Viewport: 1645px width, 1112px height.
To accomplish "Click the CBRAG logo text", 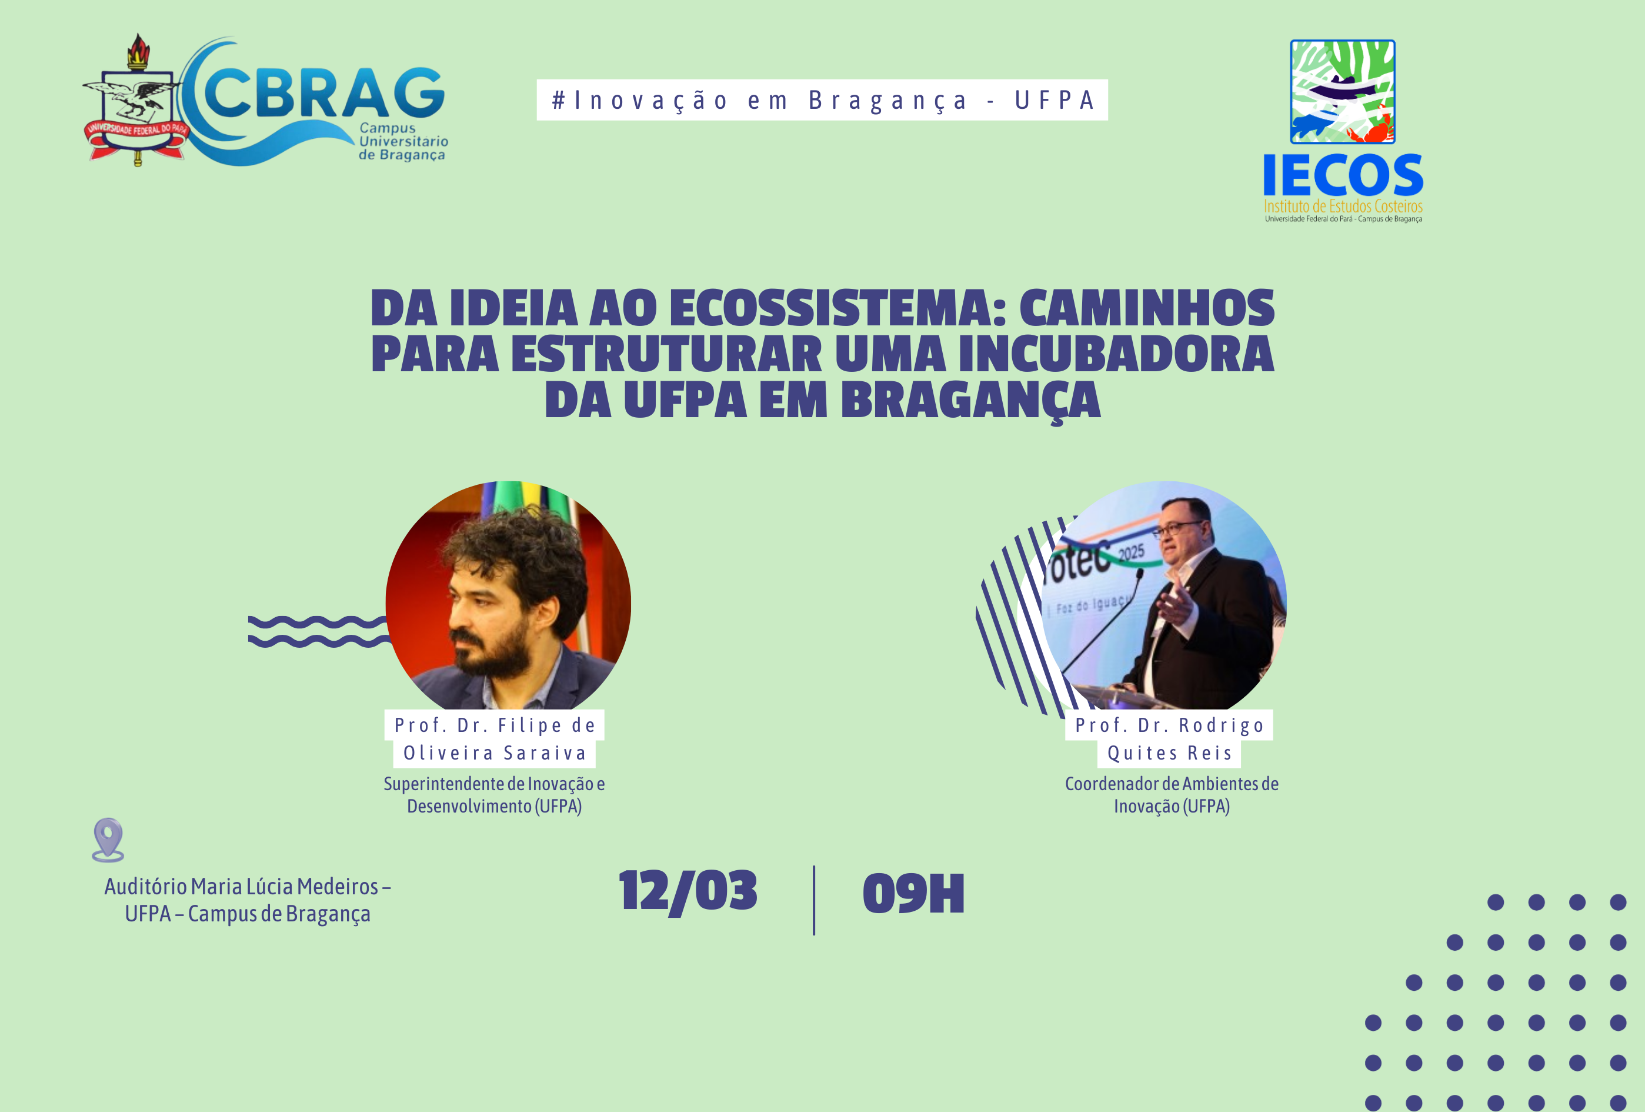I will pyautogui.click(x=322, y=94).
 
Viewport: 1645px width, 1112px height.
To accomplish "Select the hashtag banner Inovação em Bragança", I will pyautogui.click(x=822, y=101).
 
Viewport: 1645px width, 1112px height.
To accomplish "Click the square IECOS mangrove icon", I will pyautogui.click(x=1342, y=91).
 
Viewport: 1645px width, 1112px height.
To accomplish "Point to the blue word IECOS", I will pyautogui.click(x=1343, y=176).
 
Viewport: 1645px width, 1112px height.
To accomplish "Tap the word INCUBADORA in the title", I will pyautogui.click(x=1116, y=354).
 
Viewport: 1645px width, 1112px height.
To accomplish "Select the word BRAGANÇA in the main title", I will pyautogui.click(x=970, y=401).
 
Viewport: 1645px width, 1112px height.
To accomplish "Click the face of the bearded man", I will pyautogui.click(x=495, y=609).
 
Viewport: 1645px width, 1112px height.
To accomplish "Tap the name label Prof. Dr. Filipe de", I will pyautogui.click(x=494, y=725).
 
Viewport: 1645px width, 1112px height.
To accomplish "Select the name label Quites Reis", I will pyautogui.click(x=1169, y=753).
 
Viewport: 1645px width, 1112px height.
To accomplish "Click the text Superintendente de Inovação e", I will pyautogui.click(x=494, y=784).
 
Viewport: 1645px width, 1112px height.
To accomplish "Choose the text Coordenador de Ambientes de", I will pyautogui.click(x=1172, y=784).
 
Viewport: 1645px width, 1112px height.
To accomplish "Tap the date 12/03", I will pyautogui.click(x=688, y=892).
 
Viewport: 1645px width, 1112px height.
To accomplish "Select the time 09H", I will pyautogui.click(x=913, y=894).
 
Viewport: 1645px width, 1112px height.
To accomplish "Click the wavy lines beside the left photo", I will pyautogui.click(x=319, y=631).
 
